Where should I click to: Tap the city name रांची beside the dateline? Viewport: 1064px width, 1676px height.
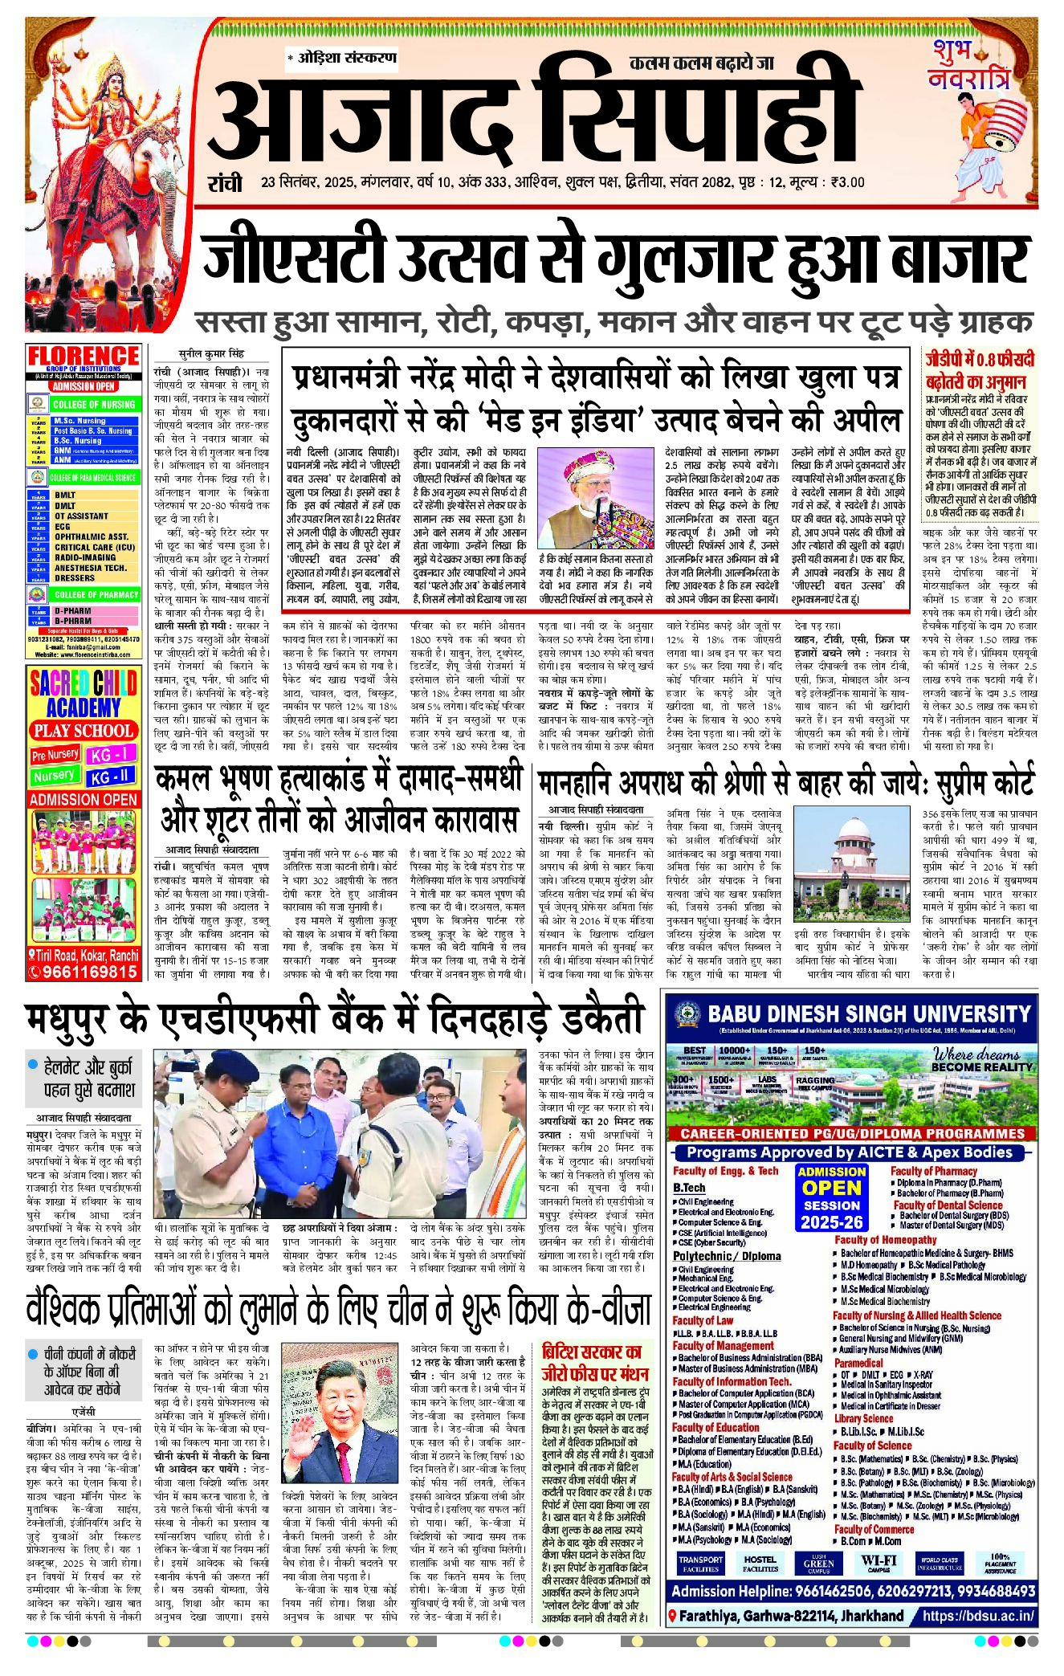click(x=225, y=183)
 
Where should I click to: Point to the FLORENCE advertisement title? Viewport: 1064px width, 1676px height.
click(x=84, y=355)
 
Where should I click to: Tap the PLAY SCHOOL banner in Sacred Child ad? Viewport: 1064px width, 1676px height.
click(x=83, y=731)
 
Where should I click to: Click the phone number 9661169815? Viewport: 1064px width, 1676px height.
click(x=89, y=972)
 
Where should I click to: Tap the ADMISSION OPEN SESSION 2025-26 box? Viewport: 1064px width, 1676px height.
click(x=831, y=1197)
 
